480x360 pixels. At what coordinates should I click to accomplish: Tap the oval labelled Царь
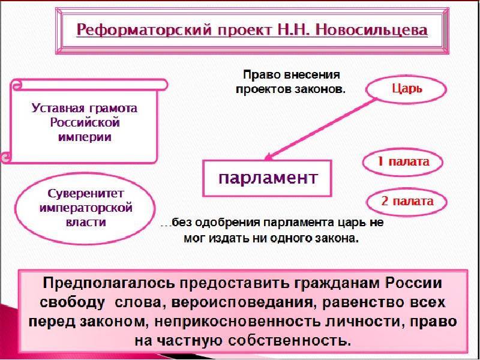click(407, 89)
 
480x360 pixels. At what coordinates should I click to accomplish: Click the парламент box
click(267, 178)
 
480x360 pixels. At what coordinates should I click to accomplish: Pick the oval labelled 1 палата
click(404, 162)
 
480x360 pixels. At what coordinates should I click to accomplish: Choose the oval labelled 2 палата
click(407, 201)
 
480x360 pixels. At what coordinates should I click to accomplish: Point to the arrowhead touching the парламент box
click(269, 157)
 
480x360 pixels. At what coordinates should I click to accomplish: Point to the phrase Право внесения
click(291, 76)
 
